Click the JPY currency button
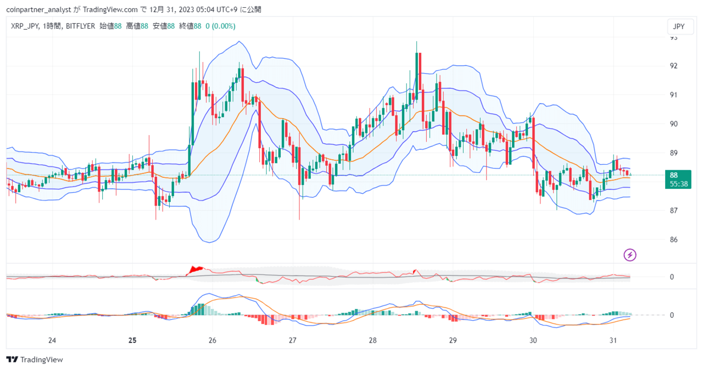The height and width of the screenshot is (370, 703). point(680,27)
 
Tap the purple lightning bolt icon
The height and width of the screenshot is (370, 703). point(629,255)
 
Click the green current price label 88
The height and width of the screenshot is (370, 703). point(678,180)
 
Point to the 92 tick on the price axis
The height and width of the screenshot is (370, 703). point(673,66)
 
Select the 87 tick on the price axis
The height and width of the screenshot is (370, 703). point(673,210)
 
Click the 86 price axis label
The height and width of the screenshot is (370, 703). point(673,239)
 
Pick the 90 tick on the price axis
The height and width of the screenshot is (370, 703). point(673,124)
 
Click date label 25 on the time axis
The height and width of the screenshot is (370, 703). point(132,340)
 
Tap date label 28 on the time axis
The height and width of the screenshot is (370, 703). point(372,340)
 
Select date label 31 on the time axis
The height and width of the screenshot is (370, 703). point(613,340)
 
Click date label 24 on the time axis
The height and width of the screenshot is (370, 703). point(52,340)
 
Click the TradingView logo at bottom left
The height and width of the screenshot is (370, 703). point(35,360)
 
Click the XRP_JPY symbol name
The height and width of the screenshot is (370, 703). point(25,26)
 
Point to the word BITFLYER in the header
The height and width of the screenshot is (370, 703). point(80,26)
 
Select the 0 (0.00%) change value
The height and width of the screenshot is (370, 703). point(220,26)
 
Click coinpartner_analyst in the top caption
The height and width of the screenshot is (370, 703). point(38,10)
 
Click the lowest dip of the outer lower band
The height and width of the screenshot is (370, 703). point(210,243)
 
